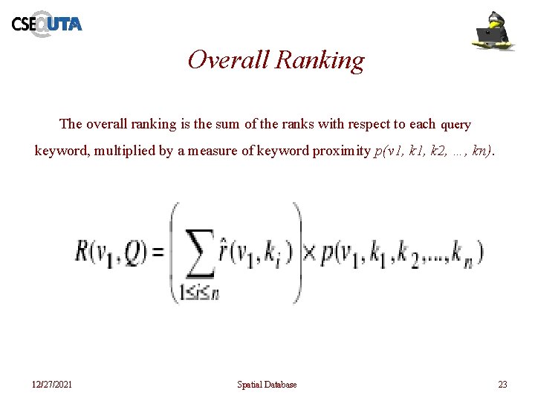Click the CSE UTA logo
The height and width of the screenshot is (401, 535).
[46, 24]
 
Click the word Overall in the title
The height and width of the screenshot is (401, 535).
[228, 59]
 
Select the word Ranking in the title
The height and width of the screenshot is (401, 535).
[320, 60]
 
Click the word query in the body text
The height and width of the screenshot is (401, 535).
[456, 125]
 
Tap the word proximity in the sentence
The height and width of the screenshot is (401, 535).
[341, 151]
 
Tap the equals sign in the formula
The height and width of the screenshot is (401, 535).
[158, 254]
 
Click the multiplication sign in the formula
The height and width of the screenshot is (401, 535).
[308, 253]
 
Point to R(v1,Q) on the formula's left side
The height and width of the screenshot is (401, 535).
[109, 253]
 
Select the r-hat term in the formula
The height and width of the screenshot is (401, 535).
[252, 252]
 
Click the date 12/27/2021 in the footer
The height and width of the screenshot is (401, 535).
[52, 385]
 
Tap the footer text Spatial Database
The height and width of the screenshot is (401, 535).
[267, 385]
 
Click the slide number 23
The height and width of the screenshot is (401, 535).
[502, 385]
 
